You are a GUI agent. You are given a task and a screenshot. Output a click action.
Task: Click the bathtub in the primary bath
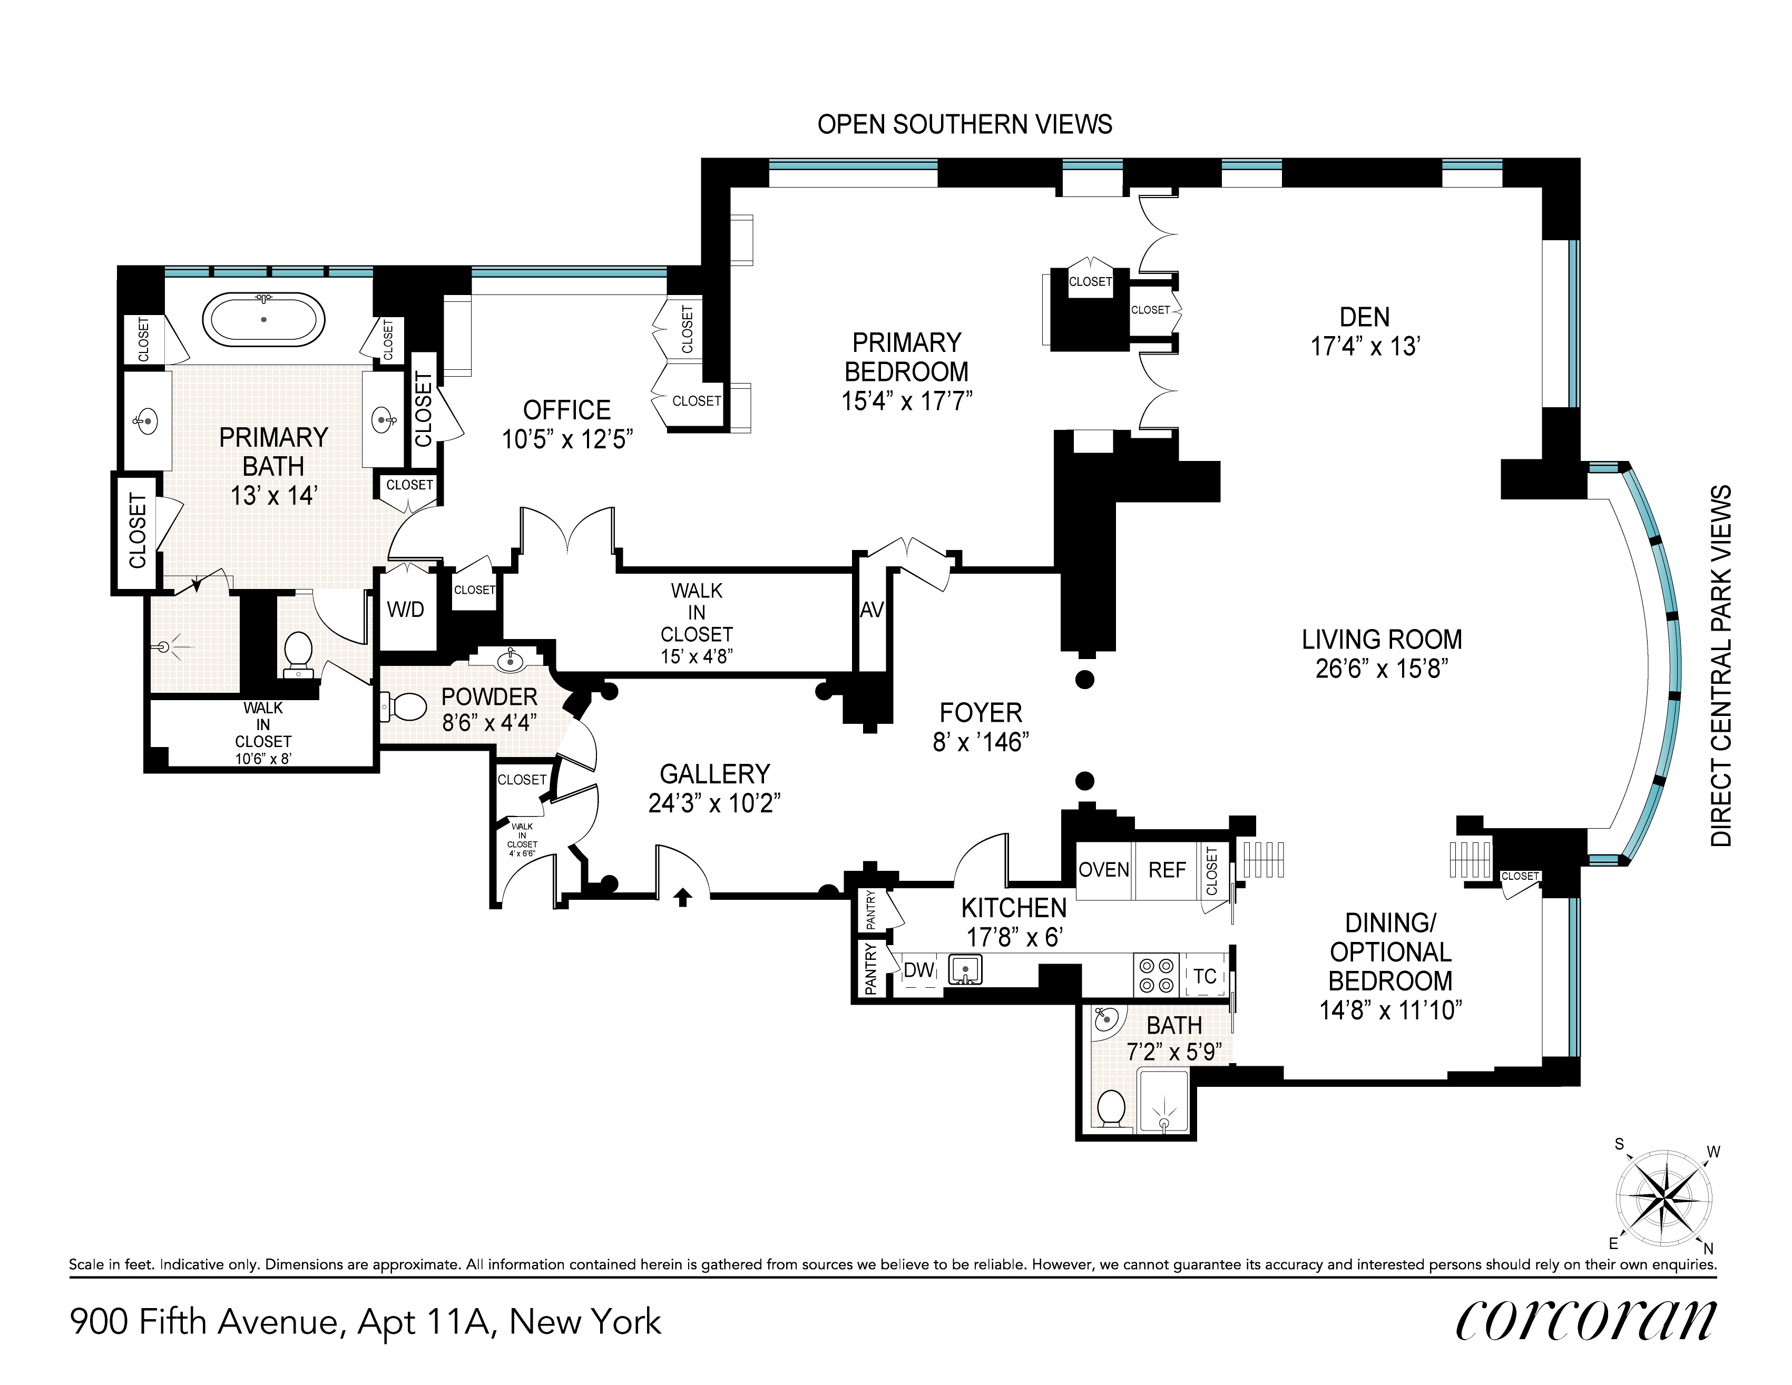[263, 319]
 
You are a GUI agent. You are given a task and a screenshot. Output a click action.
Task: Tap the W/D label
[405, 610]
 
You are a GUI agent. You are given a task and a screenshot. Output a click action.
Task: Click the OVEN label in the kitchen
[1103, 870]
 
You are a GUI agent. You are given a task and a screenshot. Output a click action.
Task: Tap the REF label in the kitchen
[1167, 870]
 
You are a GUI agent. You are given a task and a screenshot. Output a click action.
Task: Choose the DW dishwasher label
[919, 970]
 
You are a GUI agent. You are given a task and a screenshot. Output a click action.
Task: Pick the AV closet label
[871, 610]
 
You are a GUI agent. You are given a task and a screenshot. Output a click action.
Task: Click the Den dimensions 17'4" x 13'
[1365, 346]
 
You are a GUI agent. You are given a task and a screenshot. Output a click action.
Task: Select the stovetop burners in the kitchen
[1156, 976]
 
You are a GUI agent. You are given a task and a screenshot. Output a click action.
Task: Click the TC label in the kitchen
[1205, 976]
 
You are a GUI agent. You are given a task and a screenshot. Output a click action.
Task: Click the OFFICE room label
[567, 410]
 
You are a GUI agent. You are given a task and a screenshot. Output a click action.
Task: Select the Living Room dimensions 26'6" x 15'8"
[1382, 669]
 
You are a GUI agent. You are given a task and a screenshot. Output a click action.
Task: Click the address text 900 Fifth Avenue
[204, 1322]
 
